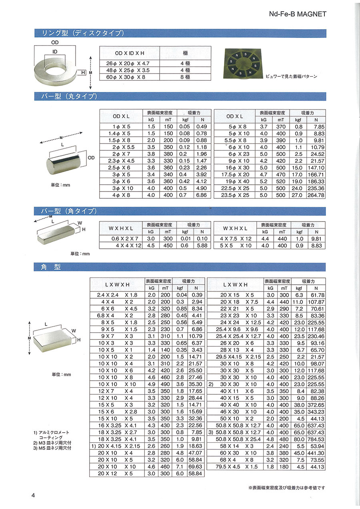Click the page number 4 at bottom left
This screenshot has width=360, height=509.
click(34, 495)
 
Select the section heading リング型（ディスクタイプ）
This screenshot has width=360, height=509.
click(78, 33)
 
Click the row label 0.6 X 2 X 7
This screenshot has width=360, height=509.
click(121, 239)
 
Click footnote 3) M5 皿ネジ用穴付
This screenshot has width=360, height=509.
click(52, 448)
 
